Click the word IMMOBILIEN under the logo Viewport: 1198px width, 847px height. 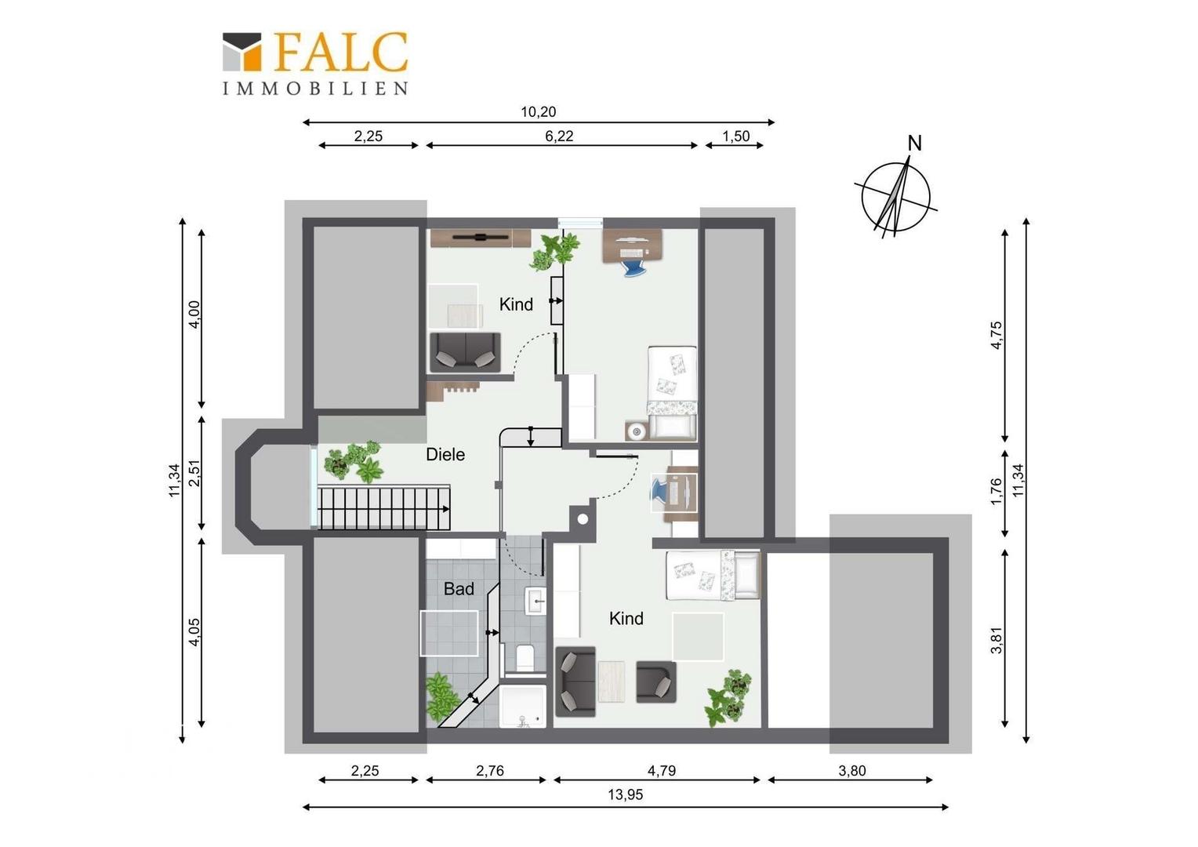point(315,89)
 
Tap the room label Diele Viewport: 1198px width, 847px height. point(445,455)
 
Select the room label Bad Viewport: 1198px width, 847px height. point(459,589)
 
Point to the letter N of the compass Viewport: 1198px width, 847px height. point(915,144)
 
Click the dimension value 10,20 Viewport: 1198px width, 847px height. point(539,112)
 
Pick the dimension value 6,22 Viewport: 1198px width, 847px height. point(559,136)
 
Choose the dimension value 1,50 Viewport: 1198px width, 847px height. point(736,136)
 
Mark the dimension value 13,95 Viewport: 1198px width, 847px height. point(625,794)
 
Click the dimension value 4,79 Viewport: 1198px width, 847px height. point(662,770)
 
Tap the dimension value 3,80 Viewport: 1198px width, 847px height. point(851,770)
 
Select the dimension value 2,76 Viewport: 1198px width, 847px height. point(490,770)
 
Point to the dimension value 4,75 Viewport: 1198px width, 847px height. point(997,336)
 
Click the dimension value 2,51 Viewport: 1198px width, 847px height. point(195,473)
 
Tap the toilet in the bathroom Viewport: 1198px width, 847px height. point(524,657)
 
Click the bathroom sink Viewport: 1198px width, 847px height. point(535,600)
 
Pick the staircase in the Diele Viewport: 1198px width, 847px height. point(384,507)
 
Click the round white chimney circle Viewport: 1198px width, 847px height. point(583,519)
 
